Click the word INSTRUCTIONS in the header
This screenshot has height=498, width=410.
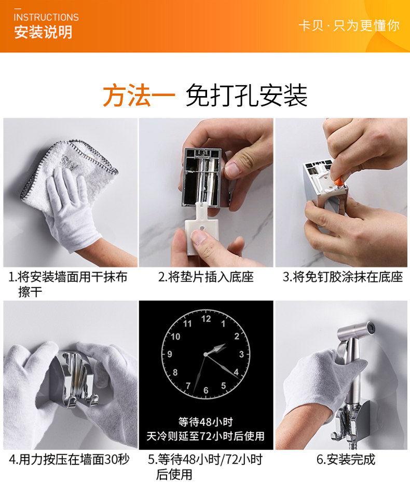coord(46,17)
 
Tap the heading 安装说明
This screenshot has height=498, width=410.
coord(43,32)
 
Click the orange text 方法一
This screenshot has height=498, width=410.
coord(139,95)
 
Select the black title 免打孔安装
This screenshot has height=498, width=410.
coord(247,95)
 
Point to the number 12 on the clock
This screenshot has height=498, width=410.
coord(206,318)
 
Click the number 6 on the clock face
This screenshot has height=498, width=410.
coord(206,390)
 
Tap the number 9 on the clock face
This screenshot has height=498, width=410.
coord(170,354)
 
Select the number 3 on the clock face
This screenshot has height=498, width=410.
coord(241,354)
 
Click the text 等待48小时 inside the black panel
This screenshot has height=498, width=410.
coord(206,422)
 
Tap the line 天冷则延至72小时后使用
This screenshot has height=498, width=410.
coord(206,436)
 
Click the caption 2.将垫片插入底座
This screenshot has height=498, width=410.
coord(206,277)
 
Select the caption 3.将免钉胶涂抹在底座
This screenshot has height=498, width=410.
coord(343,277)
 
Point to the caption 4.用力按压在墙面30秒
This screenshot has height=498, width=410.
coord(69,459)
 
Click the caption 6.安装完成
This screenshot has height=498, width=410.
coord(346,459)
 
